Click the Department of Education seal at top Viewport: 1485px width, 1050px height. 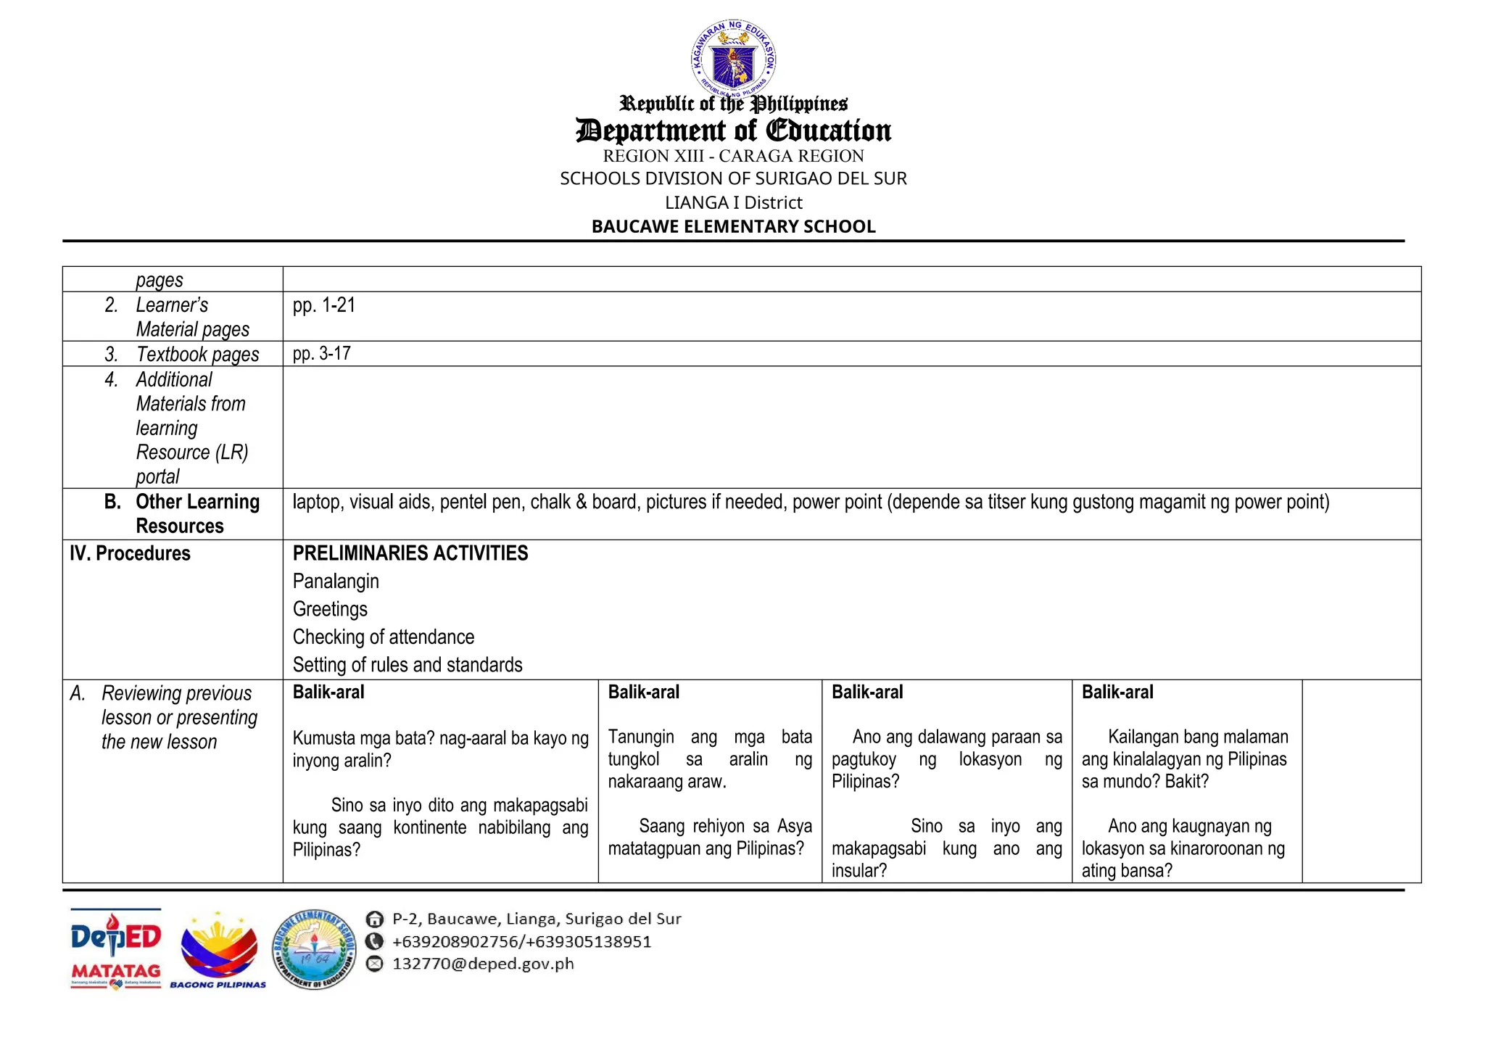tap(733, 58)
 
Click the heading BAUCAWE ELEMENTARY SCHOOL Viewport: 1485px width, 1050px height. tap(733, 226)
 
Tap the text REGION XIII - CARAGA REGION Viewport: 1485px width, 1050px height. tap(733, 156)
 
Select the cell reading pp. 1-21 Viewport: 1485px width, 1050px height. tap(324, 305)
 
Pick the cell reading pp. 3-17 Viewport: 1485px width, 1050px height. tap(322, 354)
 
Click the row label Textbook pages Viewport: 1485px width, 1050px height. tap(197, 355)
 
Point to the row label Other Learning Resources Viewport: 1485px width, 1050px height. tap(197, 513)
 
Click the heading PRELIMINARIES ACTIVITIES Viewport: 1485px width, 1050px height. tap(410, 553)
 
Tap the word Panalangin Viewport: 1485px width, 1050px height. tap(336, 582)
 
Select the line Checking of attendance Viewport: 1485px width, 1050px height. tap(384, 637)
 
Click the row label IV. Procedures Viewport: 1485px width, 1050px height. tap(130, 553)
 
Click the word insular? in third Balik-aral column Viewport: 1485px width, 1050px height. tap(859, 871)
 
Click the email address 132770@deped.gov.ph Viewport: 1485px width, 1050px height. tap(483, 964)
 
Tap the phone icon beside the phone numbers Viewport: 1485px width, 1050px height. tap(374, 942)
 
